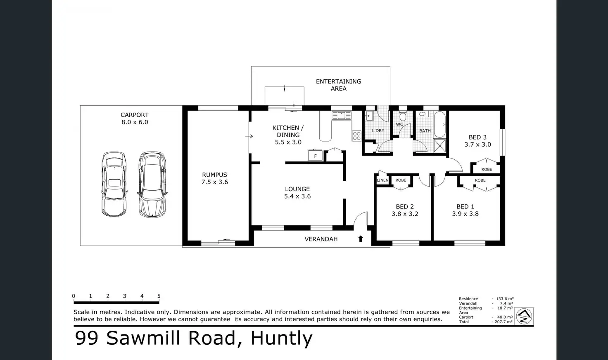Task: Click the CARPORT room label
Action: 135,115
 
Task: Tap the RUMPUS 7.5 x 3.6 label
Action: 215,178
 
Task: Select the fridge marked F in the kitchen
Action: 316,156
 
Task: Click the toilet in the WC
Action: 403,116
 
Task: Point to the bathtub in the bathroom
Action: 440,125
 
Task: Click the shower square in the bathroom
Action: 440,146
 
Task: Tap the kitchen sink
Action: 342,115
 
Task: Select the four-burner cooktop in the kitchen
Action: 356,136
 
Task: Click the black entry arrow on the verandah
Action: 361,239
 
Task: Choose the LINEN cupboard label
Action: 382,180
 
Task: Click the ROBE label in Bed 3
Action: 487,169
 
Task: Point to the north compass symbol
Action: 524,316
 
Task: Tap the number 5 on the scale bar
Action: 159,296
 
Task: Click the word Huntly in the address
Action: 281,338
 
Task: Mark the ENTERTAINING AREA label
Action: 338,85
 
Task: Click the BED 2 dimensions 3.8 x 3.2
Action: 405,214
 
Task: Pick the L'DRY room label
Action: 378,130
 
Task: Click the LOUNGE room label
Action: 297,189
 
